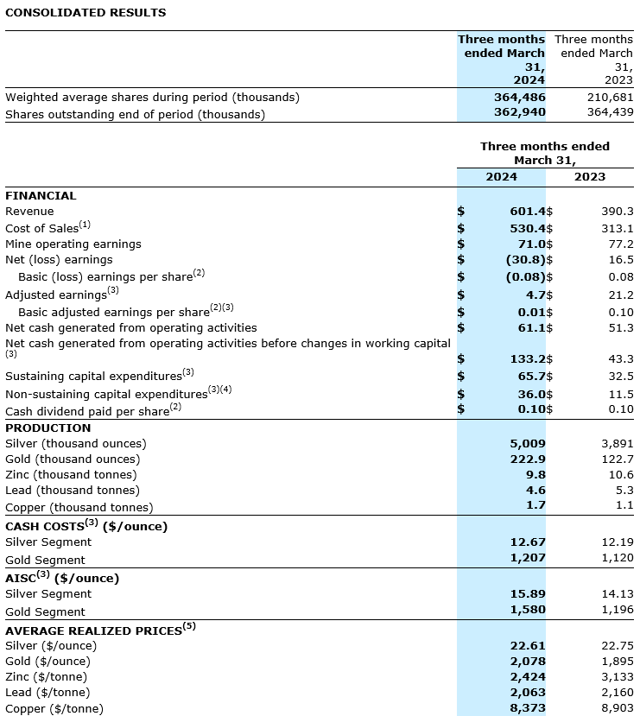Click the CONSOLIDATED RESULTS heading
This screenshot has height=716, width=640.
(x=86, y=13)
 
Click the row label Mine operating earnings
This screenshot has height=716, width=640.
(x=73, y=244)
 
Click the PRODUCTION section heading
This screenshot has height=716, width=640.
(x=48, y=428)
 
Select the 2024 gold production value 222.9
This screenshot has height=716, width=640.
(x=528, y=459)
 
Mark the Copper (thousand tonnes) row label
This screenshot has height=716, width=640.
(x=79, y=507)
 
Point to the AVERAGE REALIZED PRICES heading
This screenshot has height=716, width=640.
(x=95, y=630)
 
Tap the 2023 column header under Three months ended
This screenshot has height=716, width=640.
(x=590, y=176)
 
